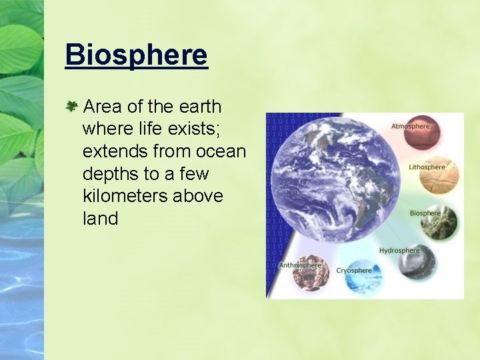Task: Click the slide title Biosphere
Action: click(137, 55)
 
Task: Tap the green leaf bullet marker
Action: click(71, 106)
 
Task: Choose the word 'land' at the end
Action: click(100, 219)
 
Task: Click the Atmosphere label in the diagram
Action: click(410, 126)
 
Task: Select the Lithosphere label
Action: click(427, 167)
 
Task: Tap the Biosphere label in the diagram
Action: click(425, 213)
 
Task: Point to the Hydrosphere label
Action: click(399, 251)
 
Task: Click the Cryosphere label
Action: click(354, 271)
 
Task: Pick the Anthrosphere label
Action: click(300, 265)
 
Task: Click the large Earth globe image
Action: click(335, 180)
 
